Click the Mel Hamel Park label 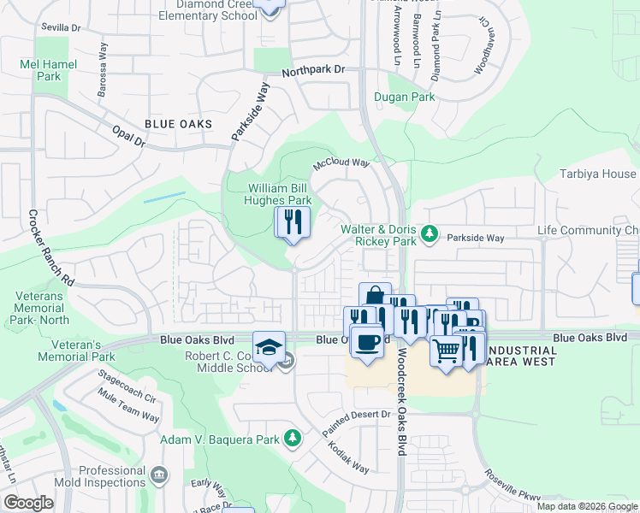49,70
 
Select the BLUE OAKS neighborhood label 178,125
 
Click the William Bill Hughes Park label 281,193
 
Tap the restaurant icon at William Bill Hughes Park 292,221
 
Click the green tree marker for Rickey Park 431,232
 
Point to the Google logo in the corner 28,503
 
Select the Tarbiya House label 607,174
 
